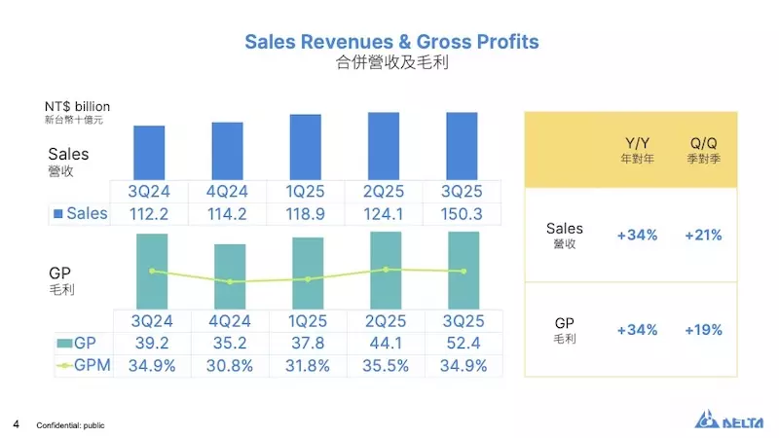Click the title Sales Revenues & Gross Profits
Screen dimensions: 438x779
click(x=390, y=42)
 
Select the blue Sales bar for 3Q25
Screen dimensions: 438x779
click(x=462, y=146)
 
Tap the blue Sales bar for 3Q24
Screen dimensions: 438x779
click(x=149, y=152)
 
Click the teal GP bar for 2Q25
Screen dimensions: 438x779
click(x=386, y=271)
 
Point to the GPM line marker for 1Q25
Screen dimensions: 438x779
click(x=308, y=279)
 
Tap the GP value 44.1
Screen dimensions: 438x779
click(x=385, y=343)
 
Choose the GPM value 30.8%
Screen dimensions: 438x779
click(x=229, y=365)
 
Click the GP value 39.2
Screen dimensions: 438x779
click(x=151, y=343)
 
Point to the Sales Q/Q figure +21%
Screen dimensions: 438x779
click(x=703, y=236)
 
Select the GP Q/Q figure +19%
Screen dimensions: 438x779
click(x=703, y=330)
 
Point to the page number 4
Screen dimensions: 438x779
click(x=17, y=424)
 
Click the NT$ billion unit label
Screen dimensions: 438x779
click(x=77, y=106)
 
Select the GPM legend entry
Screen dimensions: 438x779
click(x=83, y=365)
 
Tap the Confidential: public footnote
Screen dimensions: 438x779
click(x=70, y=425)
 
